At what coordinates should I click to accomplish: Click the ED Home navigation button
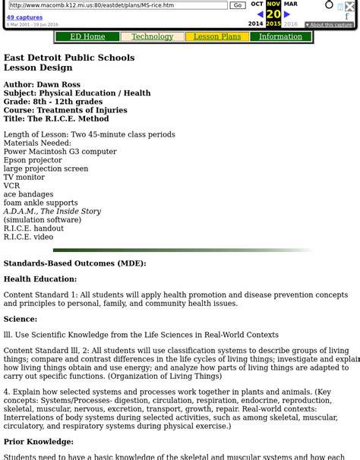pos(87,36)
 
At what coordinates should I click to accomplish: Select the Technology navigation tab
pos(152,36)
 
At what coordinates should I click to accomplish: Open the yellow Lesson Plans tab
pos(216,36)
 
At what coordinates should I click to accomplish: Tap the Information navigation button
pos(280,36)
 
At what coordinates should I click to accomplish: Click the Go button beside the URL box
pos(238,5)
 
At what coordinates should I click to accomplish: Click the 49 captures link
pos(24,17)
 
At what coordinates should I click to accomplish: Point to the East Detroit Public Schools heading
pos(69,58)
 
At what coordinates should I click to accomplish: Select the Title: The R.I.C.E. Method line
pos(56,118)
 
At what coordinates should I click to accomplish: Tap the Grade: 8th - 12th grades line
pos(53,102)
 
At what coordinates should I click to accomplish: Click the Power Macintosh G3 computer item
pos(60,152)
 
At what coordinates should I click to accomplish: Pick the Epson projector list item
pos(33,160)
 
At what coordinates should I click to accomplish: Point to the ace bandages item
pos(28,194)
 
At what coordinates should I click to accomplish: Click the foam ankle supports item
pos(40,203)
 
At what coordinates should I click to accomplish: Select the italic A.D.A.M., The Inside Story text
pos(52,211)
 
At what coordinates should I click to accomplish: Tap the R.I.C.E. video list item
pos(28,237)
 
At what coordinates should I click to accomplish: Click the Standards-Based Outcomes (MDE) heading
pos(74,263)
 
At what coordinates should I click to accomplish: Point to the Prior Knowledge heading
pos(39,442)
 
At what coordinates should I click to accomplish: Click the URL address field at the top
pos(118,5)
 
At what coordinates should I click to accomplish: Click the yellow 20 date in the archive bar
pos(273,14)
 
